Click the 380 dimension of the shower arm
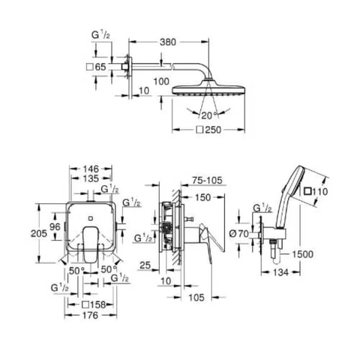point(168,42)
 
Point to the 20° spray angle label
point(209,115)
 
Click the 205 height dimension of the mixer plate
point(39,233)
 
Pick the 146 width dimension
point(91,169)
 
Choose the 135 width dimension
point(91,178)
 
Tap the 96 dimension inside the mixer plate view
point(55,226)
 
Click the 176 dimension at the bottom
point(91,315)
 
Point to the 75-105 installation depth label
point(207,180)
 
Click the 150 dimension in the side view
point(202,197)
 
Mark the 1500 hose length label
point(302,254)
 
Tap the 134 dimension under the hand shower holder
point(280,272)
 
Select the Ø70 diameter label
point(239,234)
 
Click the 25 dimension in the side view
point(145,265)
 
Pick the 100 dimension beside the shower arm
point(161,82)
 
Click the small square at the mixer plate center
point(91,217)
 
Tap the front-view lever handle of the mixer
point(90,244)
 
